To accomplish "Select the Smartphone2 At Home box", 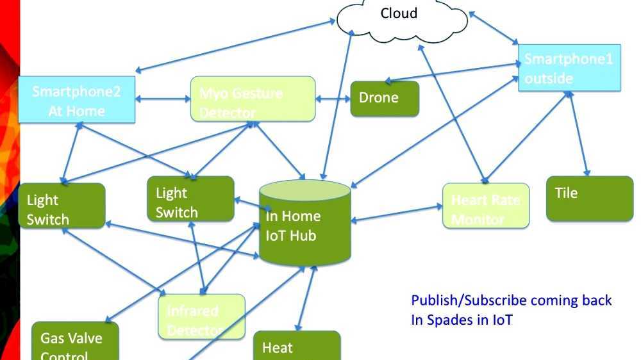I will click(x=76, y=101).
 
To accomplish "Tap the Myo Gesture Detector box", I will click(x=253, y=99).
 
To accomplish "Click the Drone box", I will click(x=385, y=99).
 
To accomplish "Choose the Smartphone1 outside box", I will click(x=569, y=68).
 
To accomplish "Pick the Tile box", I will click(x=589, y=199).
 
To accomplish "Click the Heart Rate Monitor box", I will click(x=486, y=206).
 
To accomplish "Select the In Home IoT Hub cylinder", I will click(x=305, y=224).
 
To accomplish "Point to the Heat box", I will click(x=296, y=347).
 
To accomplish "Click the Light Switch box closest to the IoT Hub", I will click(x=190, y=199).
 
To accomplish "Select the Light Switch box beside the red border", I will click(x=62, y=206).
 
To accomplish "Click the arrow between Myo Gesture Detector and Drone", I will click(x=333, y=99).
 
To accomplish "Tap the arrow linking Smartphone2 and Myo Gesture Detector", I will click(x=163, y=99).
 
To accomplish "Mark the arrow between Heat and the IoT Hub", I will click(x=306, y=298).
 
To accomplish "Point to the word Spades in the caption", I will click(x=449, y=320).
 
